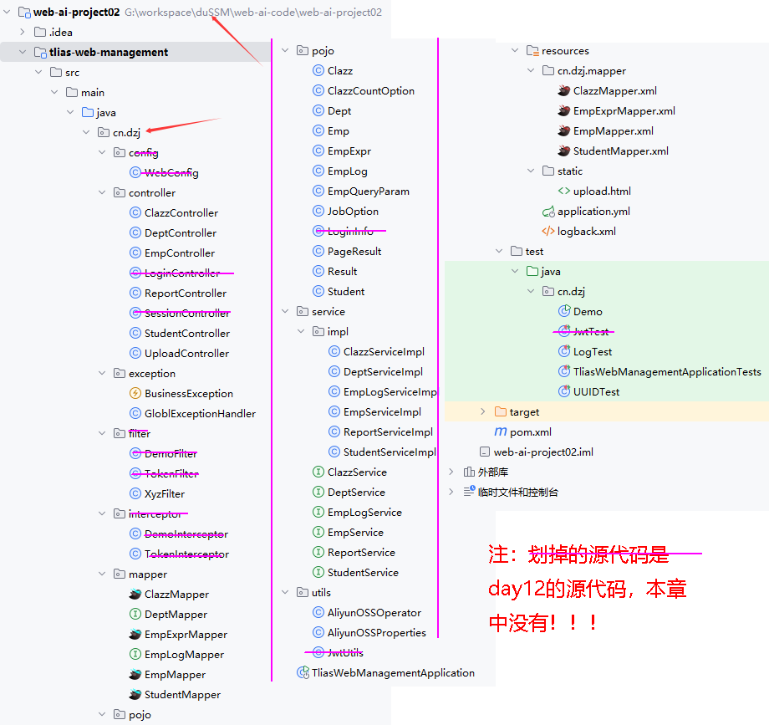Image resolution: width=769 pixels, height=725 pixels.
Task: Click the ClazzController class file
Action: (181, 213)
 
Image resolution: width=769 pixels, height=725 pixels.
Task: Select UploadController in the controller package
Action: (186, 354)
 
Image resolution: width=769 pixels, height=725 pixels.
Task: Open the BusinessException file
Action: (188, 394)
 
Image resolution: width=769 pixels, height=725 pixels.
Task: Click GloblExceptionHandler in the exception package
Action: (200, 414)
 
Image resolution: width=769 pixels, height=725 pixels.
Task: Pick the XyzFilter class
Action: (164, 494)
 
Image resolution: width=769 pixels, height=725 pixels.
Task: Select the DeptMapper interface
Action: (176, 615)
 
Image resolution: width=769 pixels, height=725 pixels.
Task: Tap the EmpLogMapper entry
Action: (184, 655)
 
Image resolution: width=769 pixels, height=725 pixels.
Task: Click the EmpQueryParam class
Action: (368, 191)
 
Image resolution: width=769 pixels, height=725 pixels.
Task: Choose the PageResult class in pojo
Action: (354, 252)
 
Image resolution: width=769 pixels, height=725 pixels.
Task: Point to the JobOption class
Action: (353, 212)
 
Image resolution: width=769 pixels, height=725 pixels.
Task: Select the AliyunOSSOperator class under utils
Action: (374, 613)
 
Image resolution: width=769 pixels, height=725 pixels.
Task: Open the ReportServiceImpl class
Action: (388, 432)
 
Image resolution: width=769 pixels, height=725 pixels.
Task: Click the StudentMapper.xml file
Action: (620, 151)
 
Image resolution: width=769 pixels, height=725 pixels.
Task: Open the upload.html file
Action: (602, 191)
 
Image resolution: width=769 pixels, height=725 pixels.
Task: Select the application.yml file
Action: (593, 212)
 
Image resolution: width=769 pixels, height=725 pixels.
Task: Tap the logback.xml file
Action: (586, 232)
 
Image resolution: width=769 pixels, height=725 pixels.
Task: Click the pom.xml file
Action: (530, 432)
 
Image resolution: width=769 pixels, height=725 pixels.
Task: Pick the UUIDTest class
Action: (596, 392)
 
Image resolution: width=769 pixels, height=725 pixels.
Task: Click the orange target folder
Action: (523, 412)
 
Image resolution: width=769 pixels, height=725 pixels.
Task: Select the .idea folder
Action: (60, 33)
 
